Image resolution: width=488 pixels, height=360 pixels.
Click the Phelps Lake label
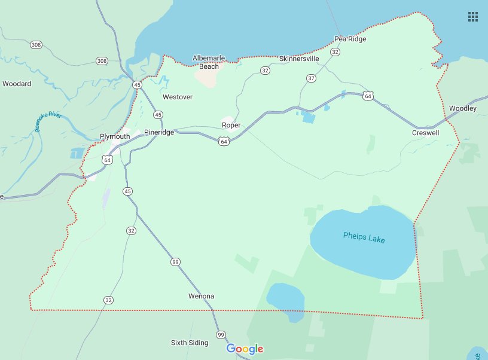364,237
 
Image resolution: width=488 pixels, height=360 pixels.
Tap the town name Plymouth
115,136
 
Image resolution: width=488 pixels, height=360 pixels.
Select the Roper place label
231,125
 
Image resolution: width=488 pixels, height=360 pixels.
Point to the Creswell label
425,133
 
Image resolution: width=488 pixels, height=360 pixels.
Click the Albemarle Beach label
209,62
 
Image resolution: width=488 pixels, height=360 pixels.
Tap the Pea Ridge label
350,39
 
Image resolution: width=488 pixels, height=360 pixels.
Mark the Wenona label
201,296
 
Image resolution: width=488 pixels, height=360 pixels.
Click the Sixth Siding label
190,343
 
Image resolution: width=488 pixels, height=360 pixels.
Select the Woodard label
17,84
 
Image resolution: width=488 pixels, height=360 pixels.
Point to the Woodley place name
463,108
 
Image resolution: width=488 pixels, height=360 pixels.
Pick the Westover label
178,96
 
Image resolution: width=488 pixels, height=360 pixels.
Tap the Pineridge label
159,133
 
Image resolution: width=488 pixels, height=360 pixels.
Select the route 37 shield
311,78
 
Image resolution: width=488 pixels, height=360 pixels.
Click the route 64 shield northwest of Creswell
368,96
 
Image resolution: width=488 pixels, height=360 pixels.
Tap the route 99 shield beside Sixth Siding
221,334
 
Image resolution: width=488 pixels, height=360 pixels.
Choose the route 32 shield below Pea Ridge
335,53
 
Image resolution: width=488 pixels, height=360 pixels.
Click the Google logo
245,349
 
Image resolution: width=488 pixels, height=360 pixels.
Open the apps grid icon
472,17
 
